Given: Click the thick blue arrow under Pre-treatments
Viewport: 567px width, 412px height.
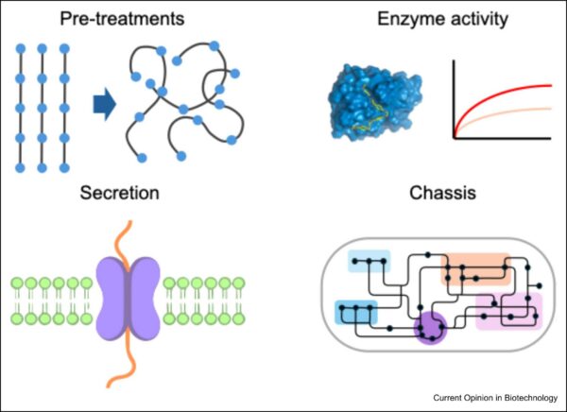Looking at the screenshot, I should click(106, 103).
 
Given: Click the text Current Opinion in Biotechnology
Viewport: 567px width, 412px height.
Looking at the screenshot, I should click(495, 397).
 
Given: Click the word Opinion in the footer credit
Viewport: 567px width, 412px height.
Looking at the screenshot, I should click(488, 397).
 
